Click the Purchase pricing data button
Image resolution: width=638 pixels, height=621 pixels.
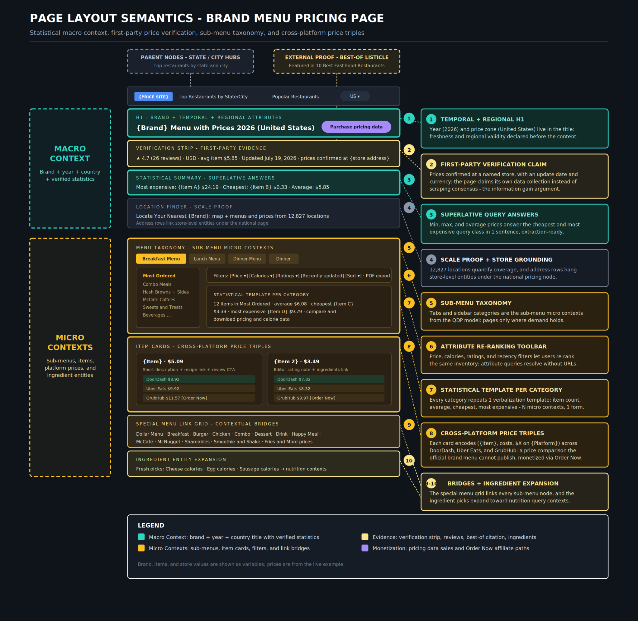(356, 127)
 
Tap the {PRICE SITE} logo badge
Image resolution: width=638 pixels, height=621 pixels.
(154, 97)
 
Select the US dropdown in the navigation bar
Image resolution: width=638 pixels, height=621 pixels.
(355, 96)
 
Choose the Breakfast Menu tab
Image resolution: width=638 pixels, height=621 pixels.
(161, 259)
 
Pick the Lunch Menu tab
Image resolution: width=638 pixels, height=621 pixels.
(207, 259)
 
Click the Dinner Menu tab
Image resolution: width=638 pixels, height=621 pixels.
(247, 259)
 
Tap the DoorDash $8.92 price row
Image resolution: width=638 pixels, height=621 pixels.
(199, 379)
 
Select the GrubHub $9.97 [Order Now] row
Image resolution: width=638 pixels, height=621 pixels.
(329, 398)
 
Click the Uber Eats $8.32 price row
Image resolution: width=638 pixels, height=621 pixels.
(329, 389)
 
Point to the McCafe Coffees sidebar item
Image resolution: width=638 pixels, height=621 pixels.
(159, 300)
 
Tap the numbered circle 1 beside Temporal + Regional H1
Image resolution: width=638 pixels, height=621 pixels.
(431, 119)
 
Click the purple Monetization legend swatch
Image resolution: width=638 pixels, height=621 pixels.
(365, 548)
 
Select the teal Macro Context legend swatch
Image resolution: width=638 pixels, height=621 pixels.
(141, 537)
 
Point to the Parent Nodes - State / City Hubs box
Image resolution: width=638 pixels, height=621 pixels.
(190, 61)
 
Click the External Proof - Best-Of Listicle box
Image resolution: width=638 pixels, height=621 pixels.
(337, 61)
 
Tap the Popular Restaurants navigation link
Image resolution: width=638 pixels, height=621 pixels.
(295, 97)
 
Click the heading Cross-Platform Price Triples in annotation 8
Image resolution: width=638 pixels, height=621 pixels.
(492, 433)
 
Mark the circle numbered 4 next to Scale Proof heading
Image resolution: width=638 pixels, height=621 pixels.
(431, 260)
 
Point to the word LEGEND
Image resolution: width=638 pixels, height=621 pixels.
(151, 525)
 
